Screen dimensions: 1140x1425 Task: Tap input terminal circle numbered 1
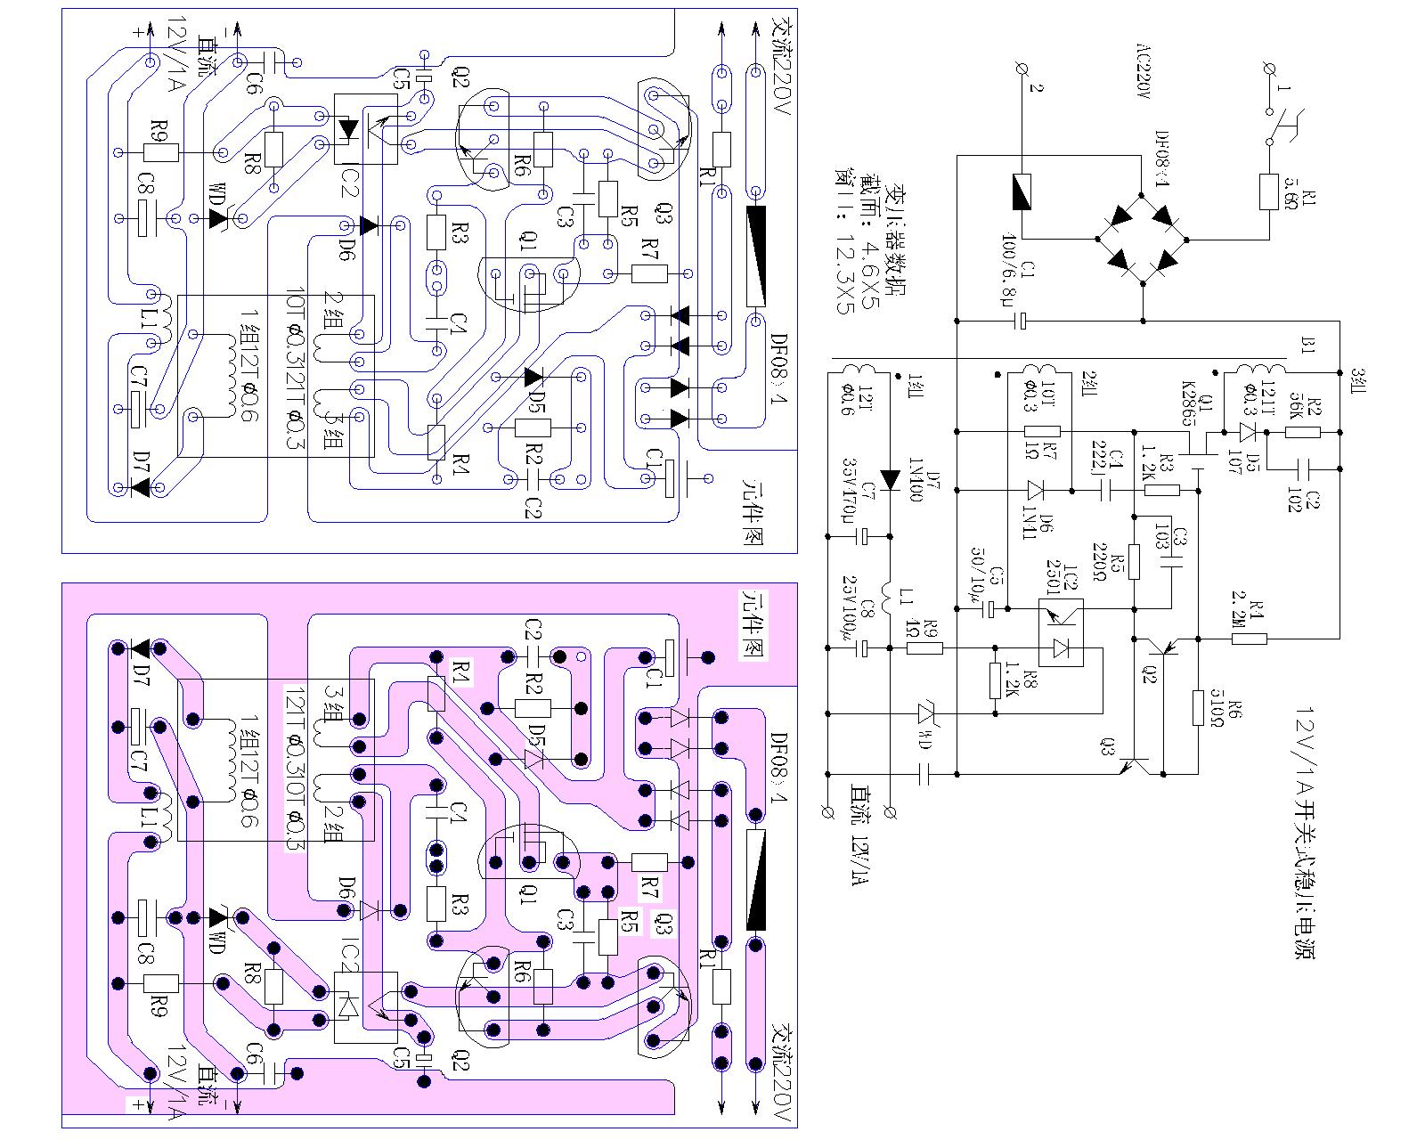[1270, 69]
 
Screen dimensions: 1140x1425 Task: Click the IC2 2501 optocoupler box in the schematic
[1061, 632]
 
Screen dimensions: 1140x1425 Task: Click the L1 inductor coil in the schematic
[889, 591]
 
